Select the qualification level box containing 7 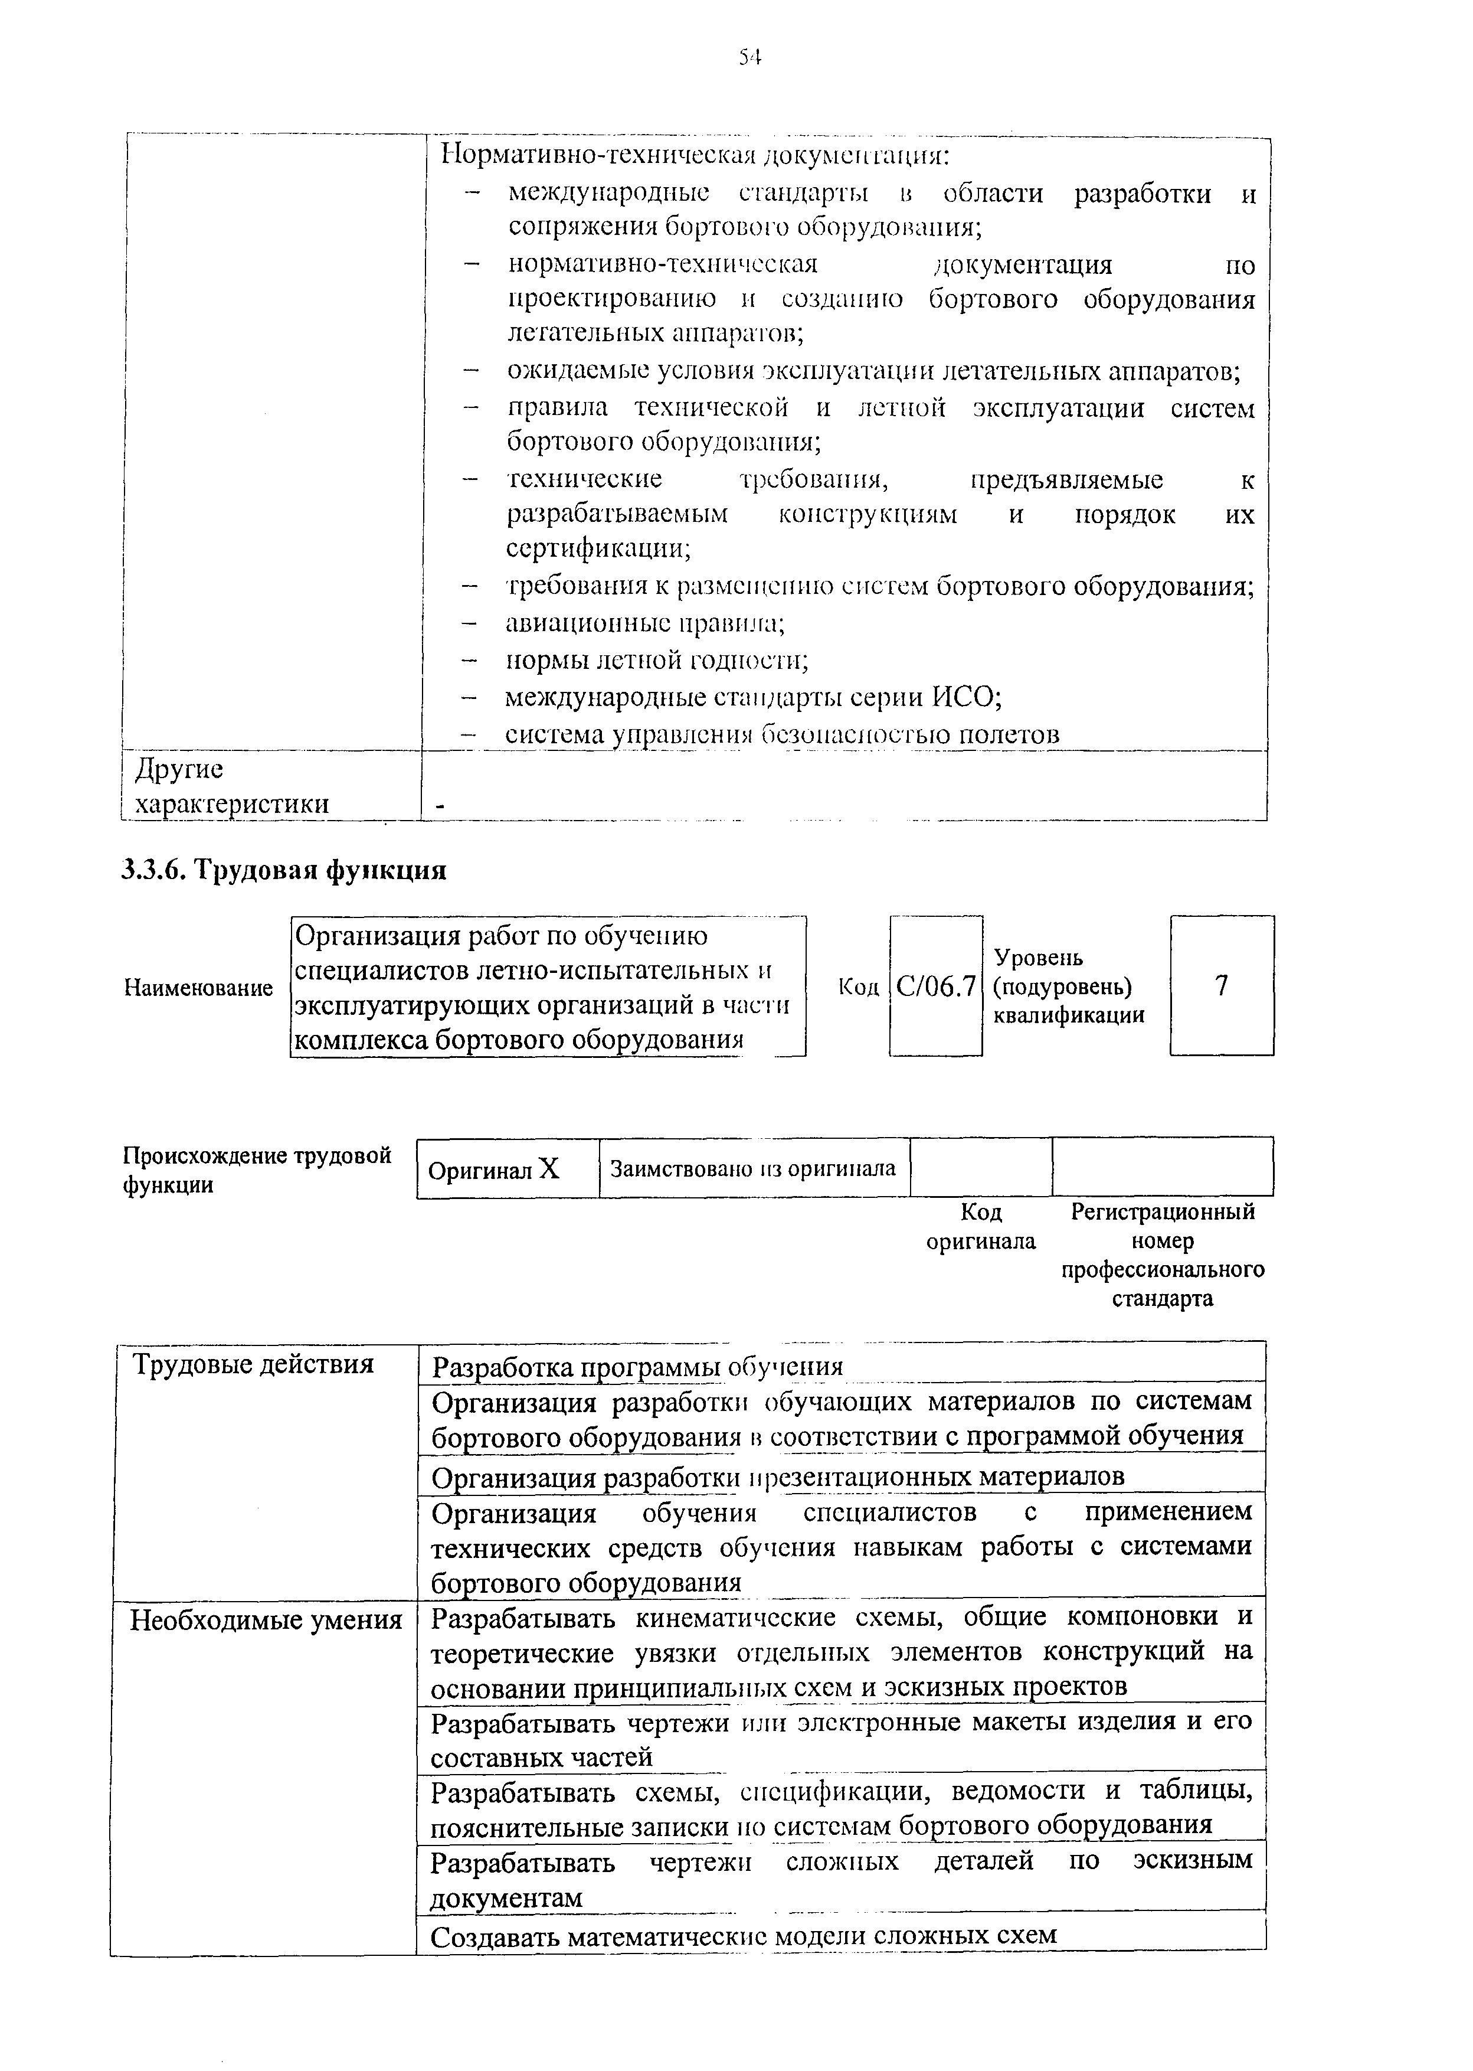[1221, 985]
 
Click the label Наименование [198, 988]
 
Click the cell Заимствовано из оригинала [753, 1168]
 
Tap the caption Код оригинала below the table [980, 1226]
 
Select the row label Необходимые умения [266, 1620]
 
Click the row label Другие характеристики [231, 786]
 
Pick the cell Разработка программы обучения [637, 1366]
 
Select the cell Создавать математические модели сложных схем [744, 1936]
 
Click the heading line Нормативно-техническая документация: [695, 155]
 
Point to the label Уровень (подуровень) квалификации [1069, 986]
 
